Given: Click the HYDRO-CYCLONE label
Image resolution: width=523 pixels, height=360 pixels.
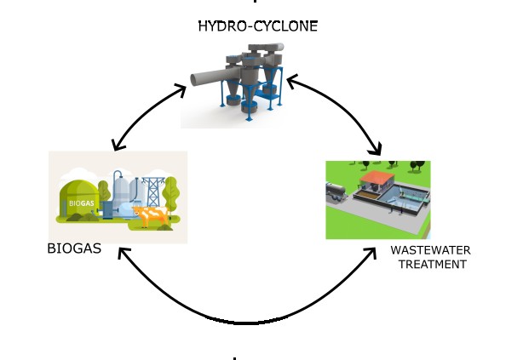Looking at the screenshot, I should coord(257,26).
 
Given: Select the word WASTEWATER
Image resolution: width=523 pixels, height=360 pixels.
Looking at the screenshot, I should coord(430,250).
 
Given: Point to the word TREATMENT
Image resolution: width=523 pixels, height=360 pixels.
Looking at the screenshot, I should coord(433,264).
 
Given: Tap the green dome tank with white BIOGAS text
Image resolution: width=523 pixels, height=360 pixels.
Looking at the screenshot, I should coord(79,203).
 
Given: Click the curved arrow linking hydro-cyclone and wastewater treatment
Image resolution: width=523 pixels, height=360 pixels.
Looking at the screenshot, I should coord(341,111).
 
